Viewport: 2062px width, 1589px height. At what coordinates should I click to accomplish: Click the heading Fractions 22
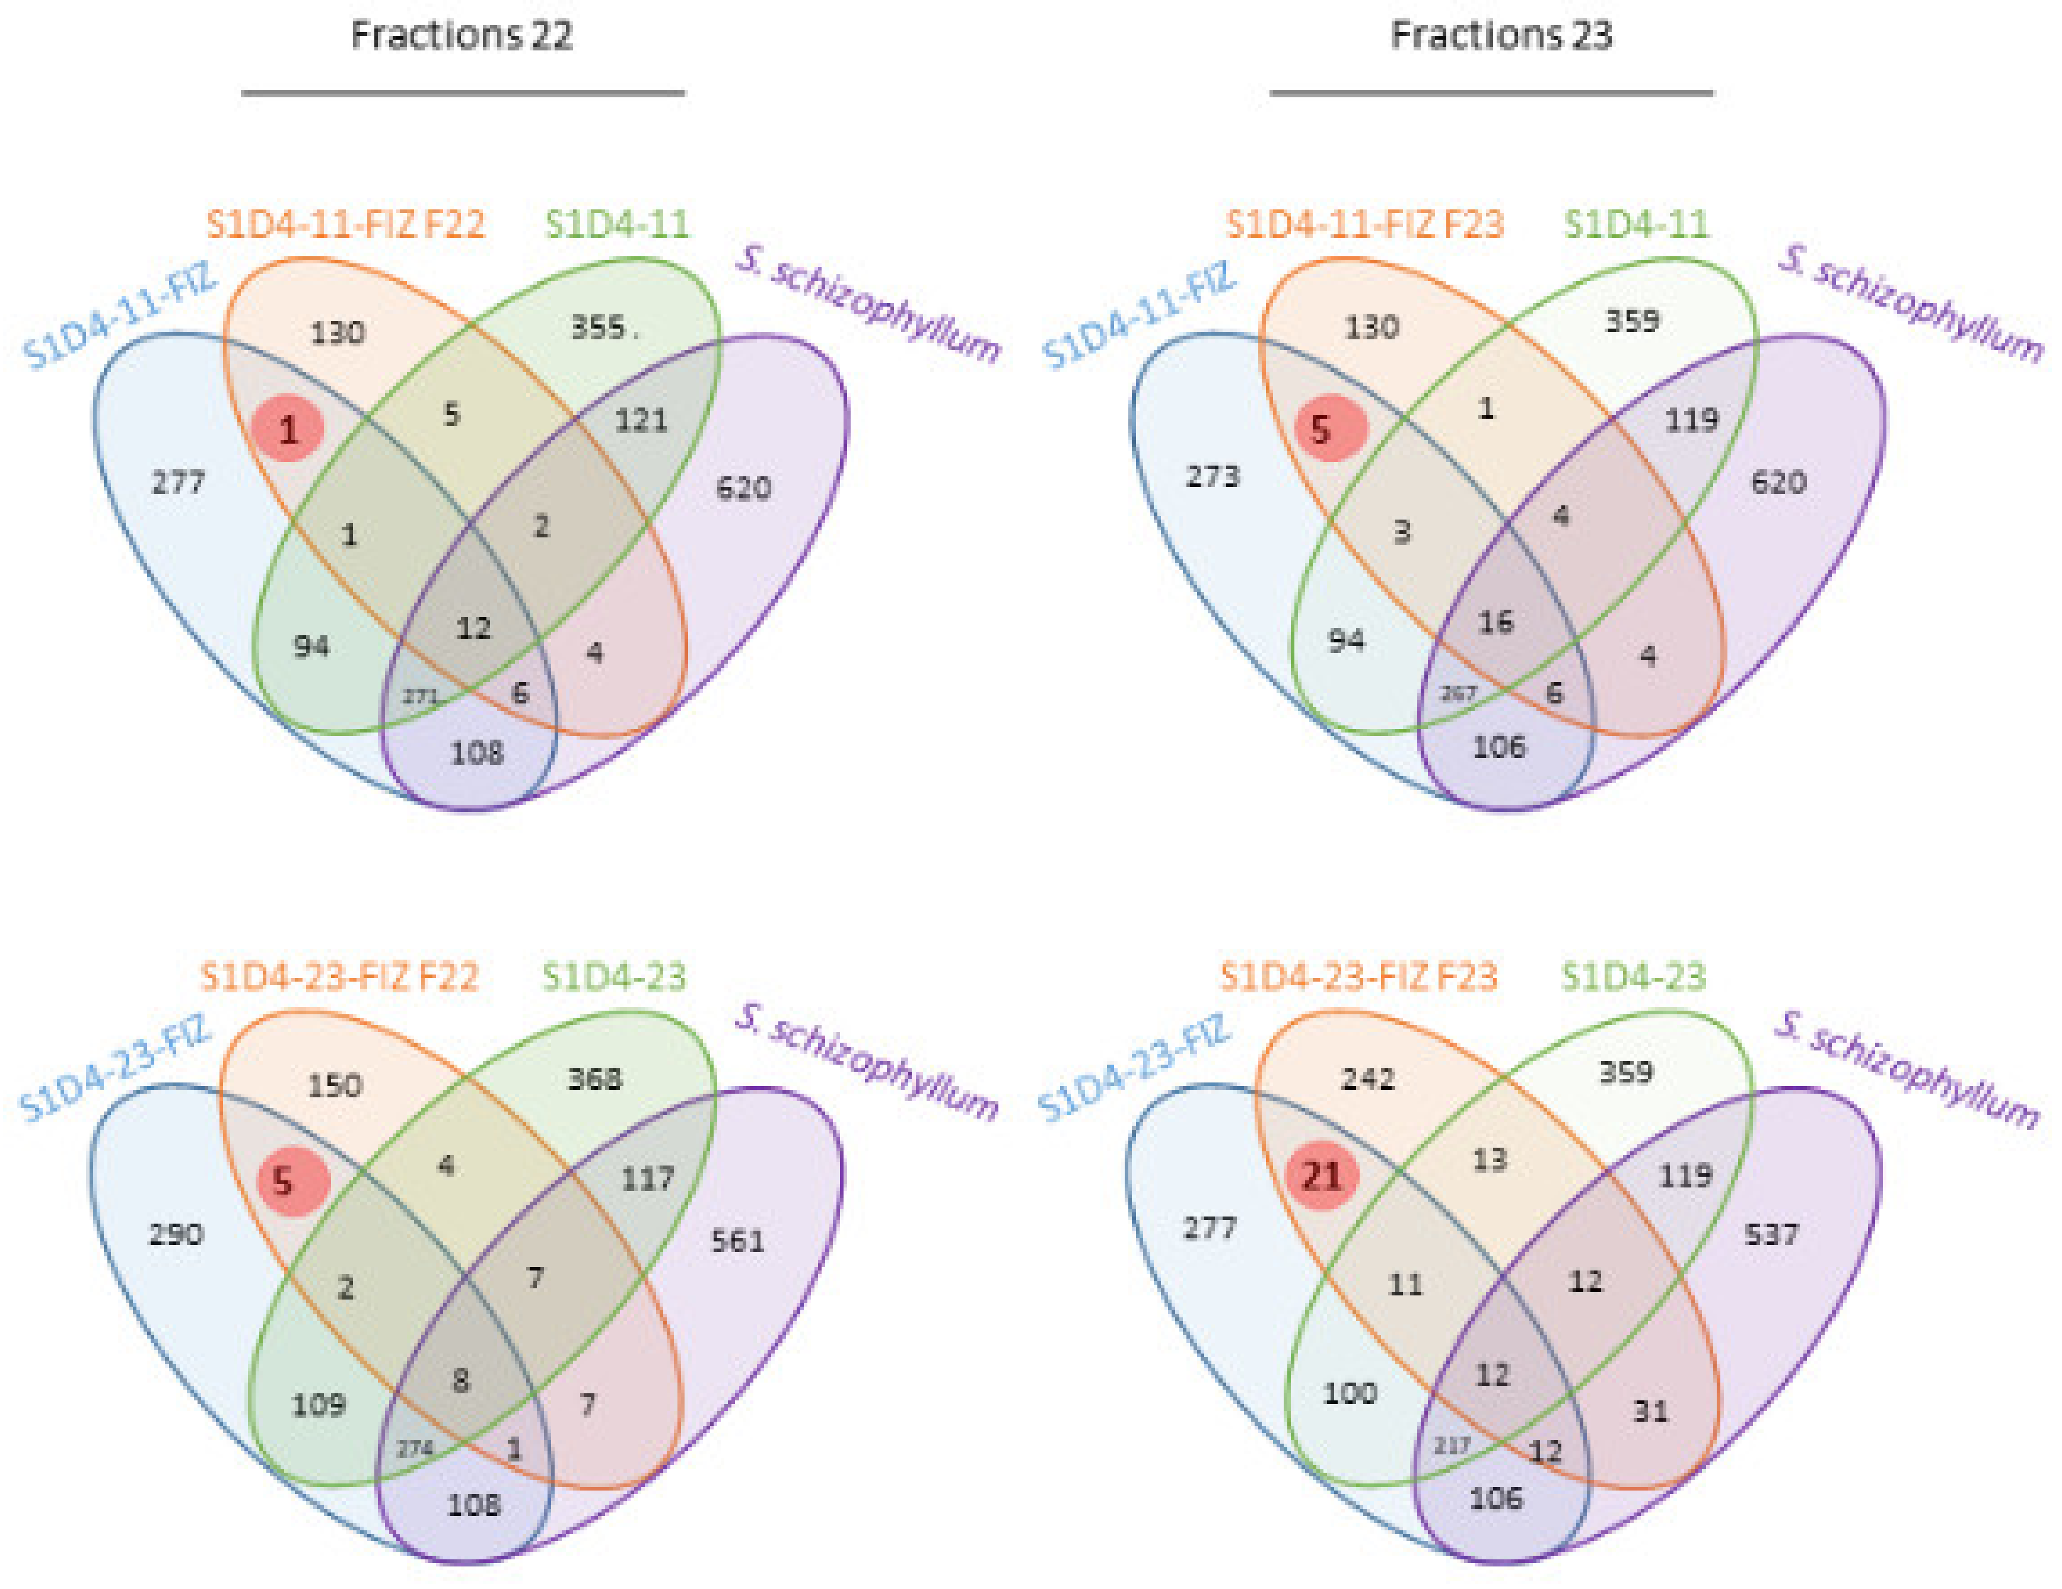coord(462,36)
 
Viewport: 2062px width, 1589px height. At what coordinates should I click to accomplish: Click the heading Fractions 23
coord(1501,36)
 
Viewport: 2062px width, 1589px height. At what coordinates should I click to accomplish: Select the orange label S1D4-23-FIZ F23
coord(1358,976)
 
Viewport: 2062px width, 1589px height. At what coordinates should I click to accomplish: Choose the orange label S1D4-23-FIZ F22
coord(340,976)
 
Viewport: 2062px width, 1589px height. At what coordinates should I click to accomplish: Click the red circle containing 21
coord(1322,1176)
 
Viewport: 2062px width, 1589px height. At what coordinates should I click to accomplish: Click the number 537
coord(1771,1234)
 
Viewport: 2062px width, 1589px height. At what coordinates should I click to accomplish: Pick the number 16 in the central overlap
coord(1495,622)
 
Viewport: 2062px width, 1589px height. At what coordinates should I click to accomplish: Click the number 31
coord(1650,1410)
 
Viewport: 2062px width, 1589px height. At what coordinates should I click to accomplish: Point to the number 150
coord(335,1085)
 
